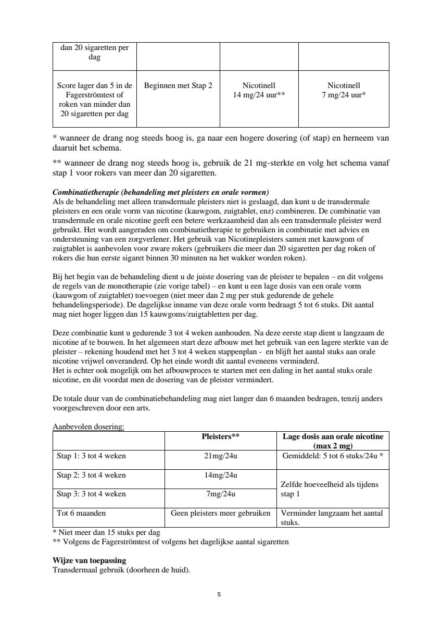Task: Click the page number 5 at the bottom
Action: [x=219, y=594]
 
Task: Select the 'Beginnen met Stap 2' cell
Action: [x=178, y=85]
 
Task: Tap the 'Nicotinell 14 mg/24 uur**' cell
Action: [x=259, y=90]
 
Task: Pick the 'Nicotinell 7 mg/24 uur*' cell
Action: [x=344, y=90]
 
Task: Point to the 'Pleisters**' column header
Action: [x=220, y=437]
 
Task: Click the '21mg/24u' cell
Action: [x=220, y=456]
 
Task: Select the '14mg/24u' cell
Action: [x=220, y=476]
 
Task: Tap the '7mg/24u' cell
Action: [x=220, y=494]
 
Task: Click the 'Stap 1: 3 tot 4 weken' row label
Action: [x=91, y=456]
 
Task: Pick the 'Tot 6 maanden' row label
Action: [x=81, y=514]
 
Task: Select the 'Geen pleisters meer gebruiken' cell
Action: [x=220, y=514]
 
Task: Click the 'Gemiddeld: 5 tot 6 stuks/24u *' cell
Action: [x=333, y=456]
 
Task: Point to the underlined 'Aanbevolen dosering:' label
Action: [x=89, y=427]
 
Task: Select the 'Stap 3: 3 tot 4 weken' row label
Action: [x=91, y=494]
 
